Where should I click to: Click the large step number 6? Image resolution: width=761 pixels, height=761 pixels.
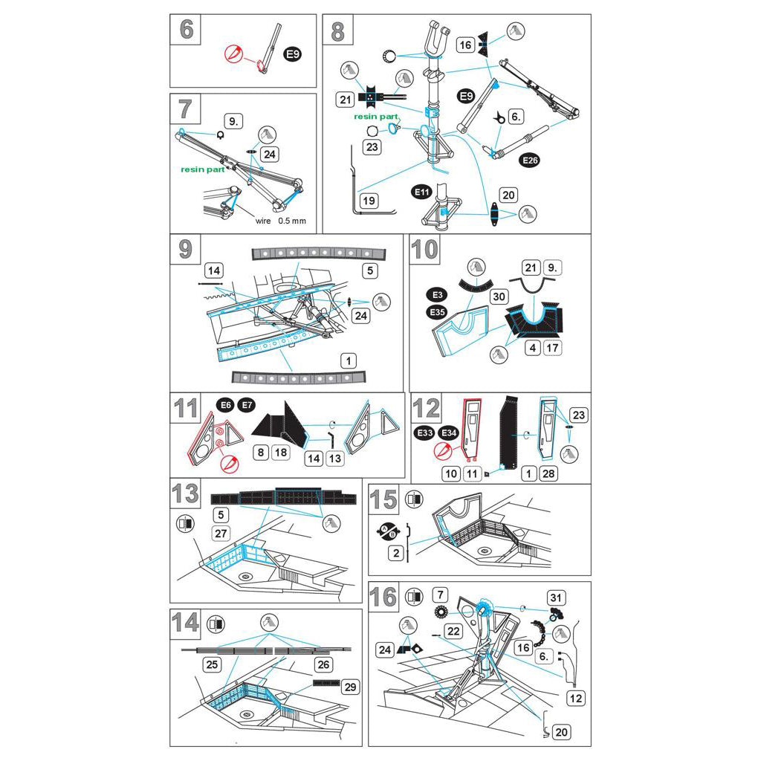pyautogui.click(x=186, y=30)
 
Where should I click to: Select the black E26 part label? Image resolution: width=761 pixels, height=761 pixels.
pyautogui.click(x=530, y=160)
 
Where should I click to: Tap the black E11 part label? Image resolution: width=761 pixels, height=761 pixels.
pyautogui.click(x=422, y=192)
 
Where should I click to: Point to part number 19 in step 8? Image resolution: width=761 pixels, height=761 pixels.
pyautogui.click(x=368, y=201)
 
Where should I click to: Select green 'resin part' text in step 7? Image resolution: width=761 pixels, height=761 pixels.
pyautogui.click(x=202, y=169)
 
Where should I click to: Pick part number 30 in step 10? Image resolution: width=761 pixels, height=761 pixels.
pyautogui.click(x=497, y=296)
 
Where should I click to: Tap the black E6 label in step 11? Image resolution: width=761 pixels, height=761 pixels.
pyautogui.click(x=224, y=405)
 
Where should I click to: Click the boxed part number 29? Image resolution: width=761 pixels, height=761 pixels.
pyautogui.click(x=349, y=687)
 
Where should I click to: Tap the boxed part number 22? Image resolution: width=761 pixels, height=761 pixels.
pyautogui.click(x=454, y=631)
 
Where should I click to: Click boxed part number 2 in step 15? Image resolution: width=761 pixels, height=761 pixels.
pyautogui.click(x=396, y=553)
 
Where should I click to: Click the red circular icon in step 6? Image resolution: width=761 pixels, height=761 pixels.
pyautogui.click(x=234, y=55)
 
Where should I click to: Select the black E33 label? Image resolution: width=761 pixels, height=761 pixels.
pyautogui.click(x=425, y=433)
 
